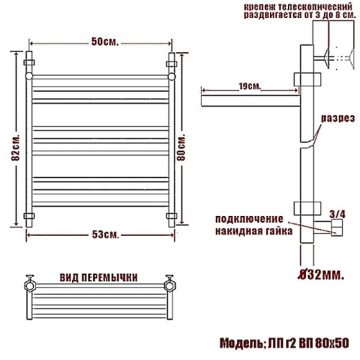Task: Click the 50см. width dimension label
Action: click(x=105, y=42)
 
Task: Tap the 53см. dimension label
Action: click(x=106, y=235)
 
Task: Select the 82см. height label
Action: click(x=16, y=148)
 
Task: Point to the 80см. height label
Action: click(x=181, y=148)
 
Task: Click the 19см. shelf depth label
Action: click(x=250, y=86)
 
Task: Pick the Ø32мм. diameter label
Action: click(x=321, y=274)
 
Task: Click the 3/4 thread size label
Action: click(x=337, y=214)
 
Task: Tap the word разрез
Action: click(x=338, y=119)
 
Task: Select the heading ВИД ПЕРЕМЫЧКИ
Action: click(x=99, y=277)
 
